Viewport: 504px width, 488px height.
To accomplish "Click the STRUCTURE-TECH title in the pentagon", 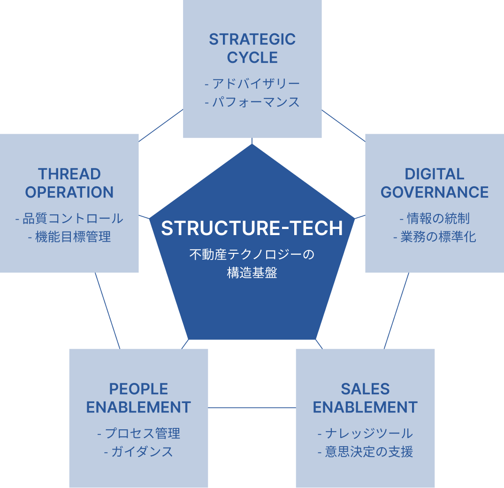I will (x=252, y=228).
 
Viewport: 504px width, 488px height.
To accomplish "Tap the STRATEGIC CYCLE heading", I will (x=252, y=48).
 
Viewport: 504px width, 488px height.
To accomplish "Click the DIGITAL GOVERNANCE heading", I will (x=435, y=183).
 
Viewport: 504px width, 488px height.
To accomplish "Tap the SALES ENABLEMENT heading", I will (x=365, y=398).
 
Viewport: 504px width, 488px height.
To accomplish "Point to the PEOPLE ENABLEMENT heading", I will (x=138, y=398).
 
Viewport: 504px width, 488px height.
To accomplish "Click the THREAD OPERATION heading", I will (x=69, y=183).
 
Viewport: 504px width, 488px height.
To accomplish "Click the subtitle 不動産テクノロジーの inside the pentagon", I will (x=252, y=255).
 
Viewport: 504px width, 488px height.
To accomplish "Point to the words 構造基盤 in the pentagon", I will (x=252, y=273).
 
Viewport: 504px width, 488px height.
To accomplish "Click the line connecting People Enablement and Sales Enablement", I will (x=252, y=408).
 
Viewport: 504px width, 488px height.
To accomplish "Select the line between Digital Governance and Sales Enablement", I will (x=396, y=311).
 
